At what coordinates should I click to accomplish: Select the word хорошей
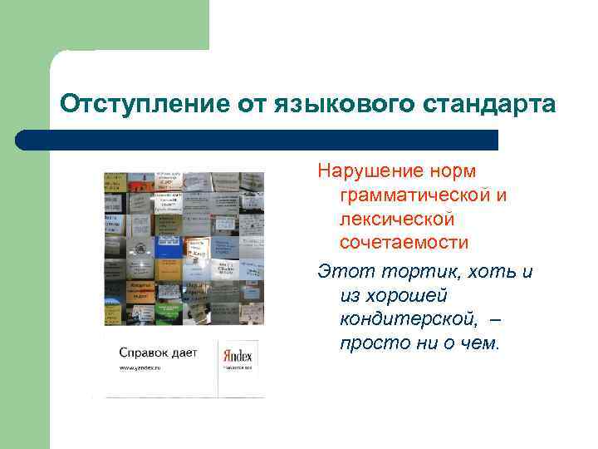point(407,296)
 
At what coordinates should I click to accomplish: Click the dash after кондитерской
point(496,320)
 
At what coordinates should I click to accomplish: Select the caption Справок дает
point(158,353)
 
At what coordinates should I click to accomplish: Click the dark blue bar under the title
point(257,140)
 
